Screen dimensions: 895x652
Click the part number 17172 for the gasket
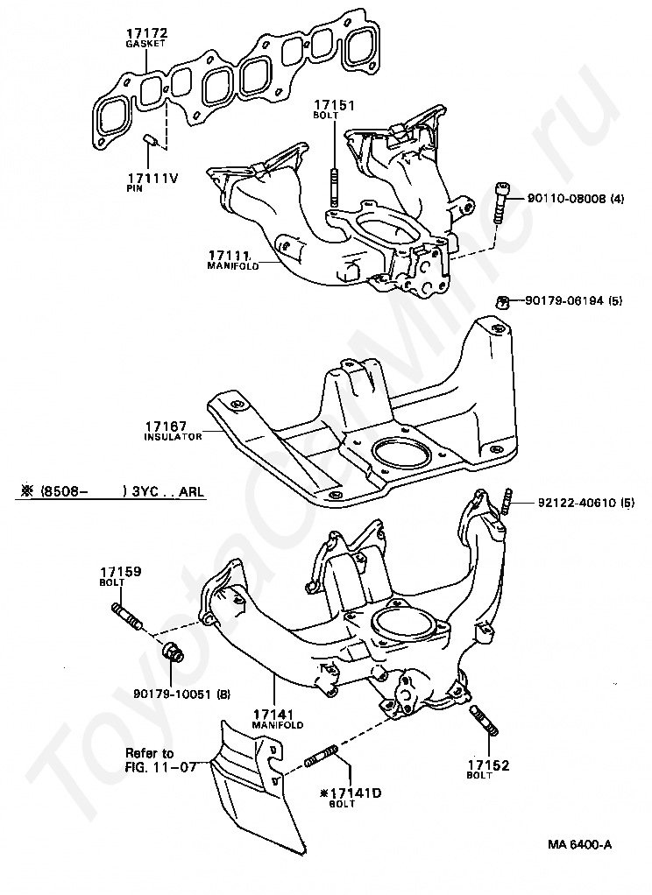pos(146,33)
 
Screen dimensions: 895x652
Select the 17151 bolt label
pos(335,105)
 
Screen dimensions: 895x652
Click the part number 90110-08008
pos(566,199)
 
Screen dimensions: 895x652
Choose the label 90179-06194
pos(564,301)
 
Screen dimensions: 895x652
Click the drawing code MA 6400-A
pos(579,845)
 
